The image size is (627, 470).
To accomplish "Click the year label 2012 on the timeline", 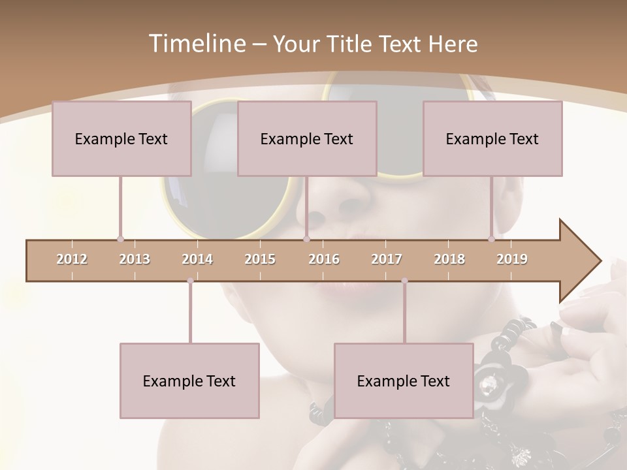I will pyautogui.click(x=72, y=259).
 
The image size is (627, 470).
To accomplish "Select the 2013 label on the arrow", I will pyautogui.click(x=135, y=259).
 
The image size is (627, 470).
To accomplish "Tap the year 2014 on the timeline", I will pyautogui.click(x=197, y=259).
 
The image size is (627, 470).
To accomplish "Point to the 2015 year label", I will pyautogui.click(x=260, y=259).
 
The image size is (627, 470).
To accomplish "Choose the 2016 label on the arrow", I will pyautogui.click(x=324, y=259).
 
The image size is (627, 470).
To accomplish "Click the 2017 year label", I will pyautogui.click(x=387, y=259).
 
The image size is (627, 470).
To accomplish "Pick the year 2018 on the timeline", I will pyautogui.click(x=449, y=259).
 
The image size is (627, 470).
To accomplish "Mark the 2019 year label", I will pyautogui.click(x=512, y=259).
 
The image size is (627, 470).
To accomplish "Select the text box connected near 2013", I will pyautogui.click(x=121, y=138).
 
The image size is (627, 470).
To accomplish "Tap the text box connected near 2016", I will pyautogui.click(x=307, y=138).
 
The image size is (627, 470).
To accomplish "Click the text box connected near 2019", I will pyautogui.click(x=492, y=138).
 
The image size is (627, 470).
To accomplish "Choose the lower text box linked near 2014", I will pyautogui.click(x=189, y=381).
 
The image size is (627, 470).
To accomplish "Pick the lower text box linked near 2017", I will pyautogui.click(x=404, y=381).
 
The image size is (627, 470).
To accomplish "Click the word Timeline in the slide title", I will pyautogui.click(x=196, y=44).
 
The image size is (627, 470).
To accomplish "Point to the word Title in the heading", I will pyautogui.click(x=351, y=44).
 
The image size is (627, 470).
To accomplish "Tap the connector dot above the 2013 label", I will pyautogui.click(x=120, y=240).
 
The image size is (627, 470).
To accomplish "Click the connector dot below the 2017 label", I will pyautogui.click(x=404, y=281).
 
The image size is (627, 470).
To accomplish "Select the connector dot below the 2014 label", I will pyautogui.click(x=190, y=281).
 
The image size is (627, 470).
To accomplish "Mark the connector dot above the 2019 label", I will pyautogui.click(x=492, y=240).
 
